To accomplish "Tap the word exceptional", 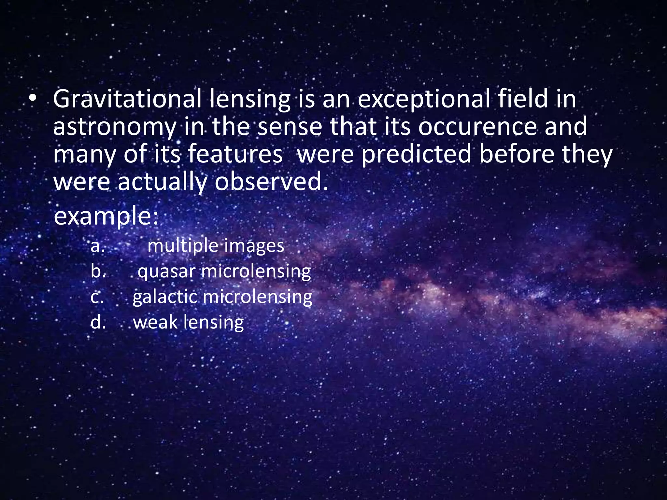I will tap(424, 99).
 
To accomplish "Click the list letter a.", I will tap(97, 246).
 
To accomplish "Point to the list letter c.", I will tap(97, 297).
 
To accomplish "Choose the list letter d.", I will tap(98, 322).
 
